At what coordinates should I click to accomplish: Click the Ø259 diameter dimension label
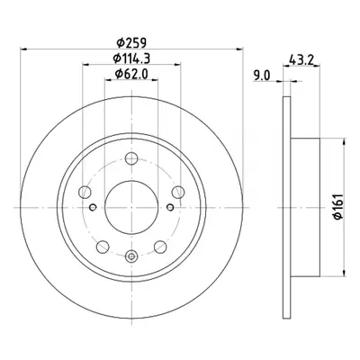(x=131, y=43)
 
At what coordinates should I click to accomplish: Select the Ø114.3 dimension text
(x=131, y=58)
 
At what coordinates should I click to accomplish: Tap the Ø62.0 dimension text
(x=131, y=74)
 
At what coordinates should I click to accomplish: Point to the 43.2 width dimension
(x=301, y=59)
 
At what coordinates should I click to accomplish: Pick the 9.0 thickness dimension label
(x=262, y=76)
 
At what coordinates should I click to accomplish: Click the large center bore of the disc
(x=131, y=207)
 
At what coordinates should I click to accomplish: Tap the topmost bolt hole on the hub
(x=131, y=158)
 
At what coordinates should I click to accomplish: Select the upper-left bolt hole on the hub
(x=85, y=192)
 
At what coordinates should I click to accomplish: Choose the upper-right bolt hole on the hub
(x=178, y=192)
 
